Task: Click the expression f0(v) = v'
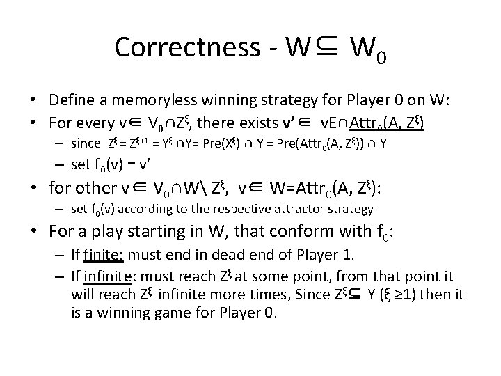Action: click(118, 164)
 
